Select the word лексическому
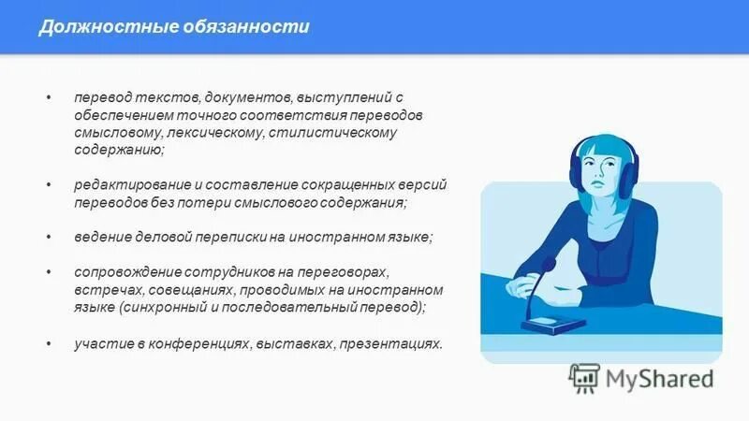tap(208, 132)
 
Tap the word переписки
tap(251, 238)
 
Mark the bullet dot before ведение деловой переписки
tap(49, 238)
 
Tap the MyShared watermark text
tap(659, 379)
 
